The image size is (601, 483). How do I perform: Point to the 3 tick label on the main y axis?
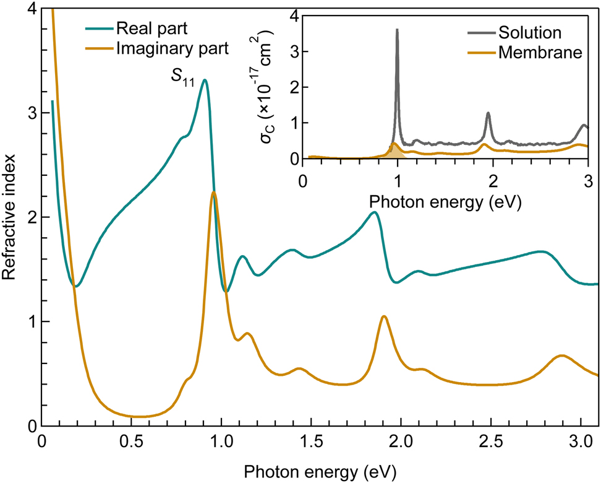(x=29, y=113)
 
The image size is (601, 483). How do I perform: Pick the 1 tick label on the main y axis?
(x=29, y=321)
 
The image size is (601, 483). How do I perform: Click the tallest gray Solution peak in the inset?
(x=397, y=30)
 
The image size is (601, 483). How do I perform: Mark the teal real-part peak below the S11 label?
(x=204, y=80)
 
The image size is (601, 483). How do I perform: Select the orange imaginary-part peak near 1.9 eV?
(x=384, y=316)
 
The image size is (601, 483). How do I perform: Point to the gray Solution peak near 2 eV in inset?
(x=488, y=113)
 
